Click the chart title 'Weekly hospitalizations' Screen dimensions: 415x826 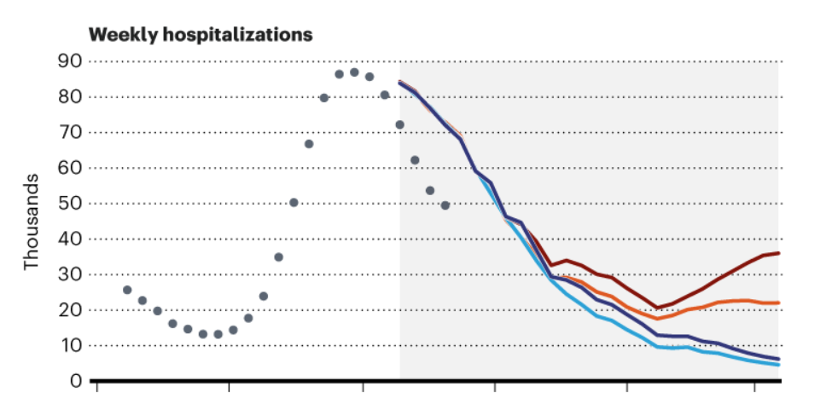pyautogui.click(x=201, y=35)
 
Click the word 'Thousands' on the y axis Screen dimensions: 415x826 pyautogui.click(x=32, y=222)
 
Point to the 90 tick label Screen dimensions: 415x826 pyautogui.click(x=69, y=61)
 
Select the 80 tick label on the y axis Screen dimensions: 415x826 pyautogui.click(x=69, y=97)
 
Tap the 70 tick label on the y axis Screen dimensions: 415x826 pyautogui.click(x=69, y=133)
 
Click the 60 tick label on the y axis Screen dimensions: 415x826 pyautogui.click(x=69, y=168)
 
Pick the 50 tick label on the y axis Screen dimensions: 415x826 pyautogui.click(x=69, y=204)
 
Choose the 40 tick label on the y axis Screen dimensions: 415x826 pyautogui.click(x=69, y=239)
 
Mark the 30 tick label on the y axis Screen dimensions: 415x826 pyautogui.click(x=69, y=275)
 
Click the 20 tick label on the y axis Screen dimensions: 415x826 pyautogui.click(x=69, y=310)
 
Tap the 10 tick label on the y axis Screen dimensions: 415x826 pyautogui.click(x=69, y=346)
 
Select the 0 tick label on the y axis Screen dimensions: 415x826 pyautogui.click(x=75, y=381)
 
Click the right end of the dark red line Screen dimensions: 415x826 pyautogui.click(x=779, y=253)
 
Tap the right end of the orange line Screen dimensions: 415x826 pyautogui.click(x=779, y=303)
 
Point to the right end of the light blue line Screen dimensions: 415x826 pyautogui.click(x=779, y=365)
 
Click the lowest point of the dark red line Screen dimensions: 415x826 pyautogui.click(x=657, y=308)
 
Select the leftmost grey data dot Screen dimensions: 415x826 pyautogui.click(x=127, y=290)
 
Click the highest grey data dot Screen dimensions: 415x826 pyautogui.click(x=354, y=72)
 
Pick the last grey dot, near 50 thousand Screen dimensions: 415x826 pyautogui.click(x=445, y=205)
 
